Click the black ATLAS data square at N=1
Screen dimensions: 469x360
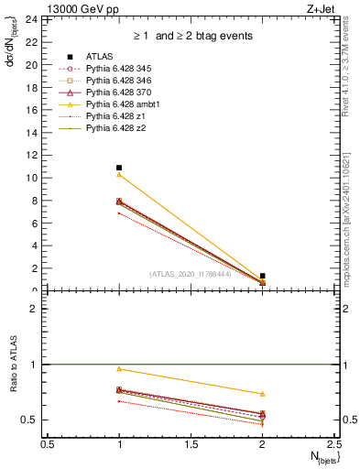click(119, 168)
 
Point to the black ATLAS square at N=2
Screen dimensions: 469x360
click(263, 276)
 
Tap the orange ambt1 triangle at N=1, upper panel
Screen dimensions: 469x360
click(119, 174)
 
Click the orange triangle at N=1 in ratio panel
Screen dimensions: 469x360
click(119, 368)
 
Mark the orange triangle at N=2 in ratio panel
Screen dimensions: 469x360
click(263, 394)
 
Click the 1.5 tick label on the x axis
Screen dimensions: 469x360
click(191, 444)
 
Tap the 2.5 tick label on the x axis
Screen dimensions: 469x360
click(334, 444)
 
